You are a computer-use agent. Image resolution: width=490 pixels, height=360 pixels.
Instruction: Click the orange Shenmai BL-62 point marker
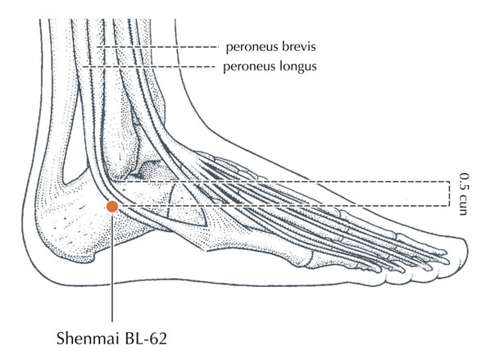pyautogui.click(x=112, y=207)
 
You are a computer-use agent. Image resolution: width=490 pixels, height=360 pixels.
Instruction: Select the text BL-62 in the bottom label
pyautogui.click(x=146, y=338)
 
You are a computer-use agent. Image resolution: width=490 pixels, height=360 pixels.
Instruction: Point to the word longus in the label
pyautogui.click(x=298, y=66)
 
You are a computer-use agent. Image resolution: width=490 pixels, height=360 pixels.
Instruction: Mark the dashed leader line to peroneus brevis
pyautogui.click(x=157, y=47)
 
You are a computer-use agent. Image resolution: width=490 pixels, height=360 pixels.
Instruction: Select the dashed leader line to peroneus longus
pyautogui.click(x=148, y=66)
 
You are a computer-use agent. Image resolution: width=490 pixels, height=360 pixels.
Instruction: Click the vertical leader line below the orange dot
pyautogui.click(x=112, y=267)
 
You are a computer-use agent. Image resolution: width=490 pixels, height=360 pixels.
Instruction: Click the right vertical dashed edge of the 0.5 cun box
pyautogui.click(x=449, y=194)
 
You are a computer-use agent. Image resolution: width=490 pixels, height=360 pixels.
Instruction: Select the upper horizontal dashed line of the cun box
pyautogui.click(x=281, y=181)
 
